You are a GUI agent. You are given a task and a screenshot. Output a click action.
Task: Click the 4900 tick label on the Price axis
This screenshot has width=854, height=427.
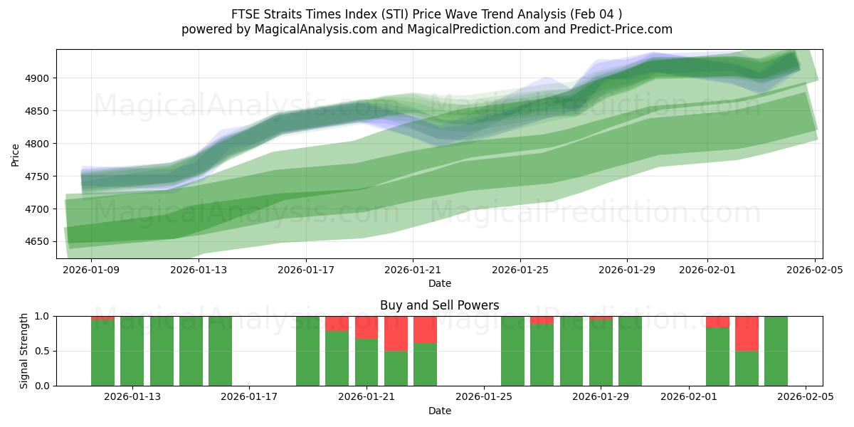click(37, 78)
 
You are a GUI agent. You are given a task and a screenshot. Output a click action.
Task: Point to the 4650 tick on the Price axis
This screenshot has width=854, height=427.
click(37, 242)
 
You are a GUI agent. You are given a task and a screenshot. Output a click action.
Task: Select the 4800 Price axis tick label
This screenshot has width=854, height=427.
click(37, 144)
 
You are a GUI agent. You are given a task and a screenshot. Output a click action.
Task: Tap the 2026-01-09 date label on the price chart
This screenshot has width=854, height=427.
click(91, 270)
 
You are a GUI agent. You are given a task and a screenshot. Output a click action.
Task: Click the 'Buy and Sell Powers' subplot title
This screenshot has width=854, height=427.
click(439, 305)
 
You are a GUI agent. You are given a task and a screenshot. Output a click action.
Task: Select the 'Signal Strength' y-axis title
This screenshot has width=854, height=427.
click(24, 351)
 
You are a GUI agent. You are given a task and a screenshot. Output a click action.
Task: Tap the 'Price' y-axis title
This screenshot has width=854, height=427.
click(16, 154)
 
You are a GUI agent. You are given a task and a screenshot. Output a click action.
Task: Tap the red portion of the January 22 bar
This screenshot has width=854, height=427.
click(396, 333)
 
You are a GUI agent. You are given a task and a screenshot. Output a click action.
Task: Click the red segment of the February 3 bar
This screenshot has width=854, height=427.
click(747, 333)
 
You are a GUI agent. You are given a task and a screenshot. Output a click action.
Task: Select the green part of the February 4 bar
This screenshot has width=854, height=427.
click(776, 351)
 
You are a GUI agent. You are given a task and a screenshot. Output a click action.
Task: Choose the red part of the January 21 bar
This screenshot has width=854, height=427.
click(367, 327)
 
